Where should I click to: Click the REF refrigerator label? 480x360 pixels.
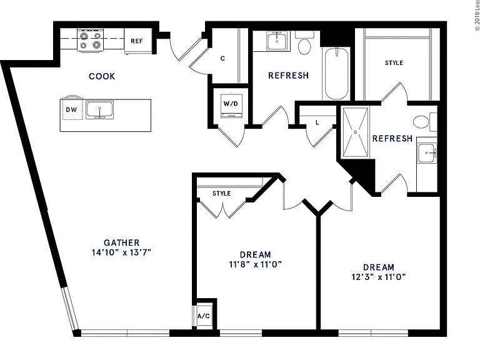click(x=136, y=41)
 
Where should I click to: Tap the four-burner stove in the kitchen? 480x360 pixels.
click(x=90, y=40)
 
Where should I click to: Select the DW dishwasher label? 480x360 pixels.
click(x=71, y=109)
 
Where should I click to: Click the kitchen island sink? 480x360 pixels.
click(x=99, y=110)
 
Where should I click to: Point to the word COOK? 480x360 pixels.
click(x=102, y=76)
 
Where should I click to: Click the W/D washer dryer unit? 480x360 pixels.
click(x=231, y=106)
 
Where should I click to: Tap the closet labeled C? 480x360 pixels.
click(x=222, y=58)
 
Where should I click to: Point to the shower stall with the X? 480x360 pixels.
click(x=355, y=132)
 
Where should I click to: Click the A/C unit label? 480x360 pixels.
click(x=204, y=316)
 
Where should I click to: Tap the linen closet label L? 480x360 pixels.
click(x=317, y=122)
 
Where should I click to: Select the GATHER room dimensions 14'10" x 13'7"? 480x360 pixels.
click(x=121, y=252)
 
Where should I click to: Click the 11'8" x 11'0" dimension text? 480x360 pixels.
click(x=255, y=264)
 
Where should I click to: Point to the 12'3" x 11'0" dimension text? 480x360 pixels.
click(x=379, y=277)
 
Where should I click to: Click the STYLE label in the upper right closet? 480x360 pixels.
click(x=394, y=62)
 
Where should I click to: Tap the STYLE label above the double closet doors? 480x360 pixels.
click(x=222, y=194)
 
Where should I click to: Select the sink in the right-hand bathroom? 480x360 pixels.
click(x=427, y=152)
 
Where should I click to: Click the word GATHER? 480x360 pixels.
click(x=121, y=242)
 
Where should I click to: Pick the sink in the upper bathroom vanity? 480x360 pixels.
click(x=277, y=41)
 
